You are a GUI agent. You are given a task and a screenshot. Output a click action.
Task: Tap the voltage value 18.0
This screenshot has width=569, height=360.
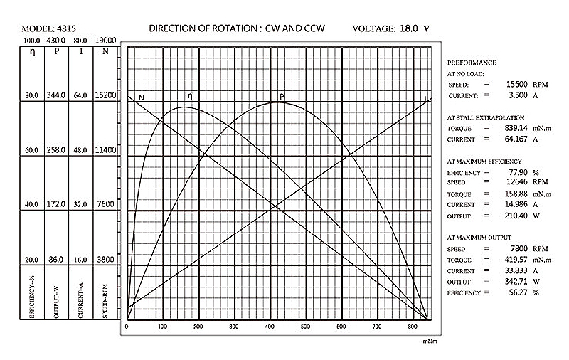pyautogui.click(x=409, y=29)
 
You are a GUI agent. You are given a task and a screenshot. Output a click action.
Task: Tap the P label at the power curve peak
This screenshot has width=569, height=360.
pyautogui.click(x=282, y=96)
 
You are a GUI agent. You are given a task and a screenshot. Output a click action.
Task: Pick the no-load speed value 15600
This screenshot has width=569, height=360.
pyautogui.click(x=506, y=84)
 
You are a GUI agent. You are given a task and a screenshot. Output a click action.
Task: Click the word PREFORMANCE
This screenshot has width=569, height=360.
pyautogui.click(x=472, y=63)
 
